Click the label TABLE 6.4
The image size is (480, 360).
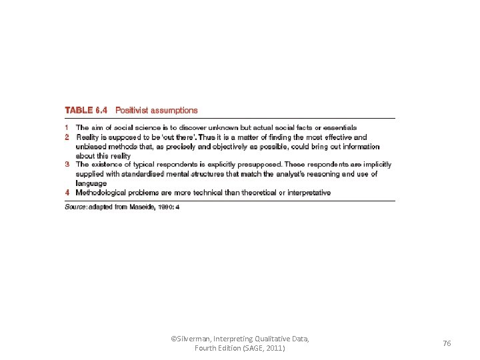85,111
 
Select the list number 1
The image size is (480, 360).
67,127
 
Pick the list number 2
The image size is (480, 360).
67,137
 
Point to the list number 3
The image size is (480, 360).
67,164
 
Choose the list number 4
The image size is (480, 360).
67,193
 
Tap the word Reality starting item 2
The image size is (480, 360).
89,137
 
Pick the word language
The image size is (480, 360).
91,183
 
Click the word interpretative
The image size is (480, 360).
307,193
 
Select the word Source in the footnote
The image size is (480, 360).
75,207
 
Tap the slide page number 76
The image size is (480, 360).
447,343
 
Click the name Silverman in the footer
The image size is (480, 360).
193,339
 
